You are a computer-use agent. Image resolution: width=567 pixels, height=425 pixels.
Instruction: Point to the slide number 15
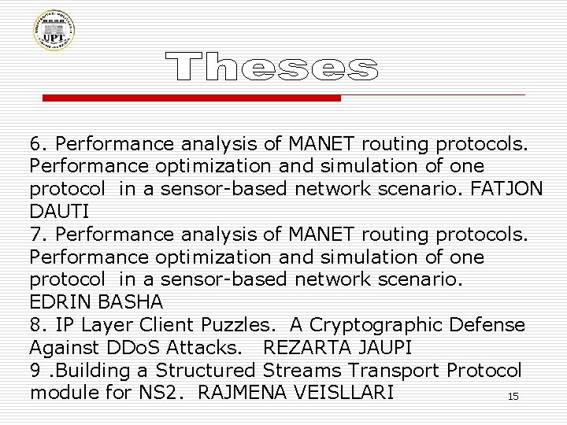click(513, 397)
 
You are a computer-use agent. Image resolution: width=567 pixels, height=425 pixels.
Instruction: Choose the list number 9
click(35, 371)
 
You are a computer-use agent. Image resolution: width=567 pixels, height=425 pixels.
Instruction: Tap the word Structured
click(208, 371)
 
